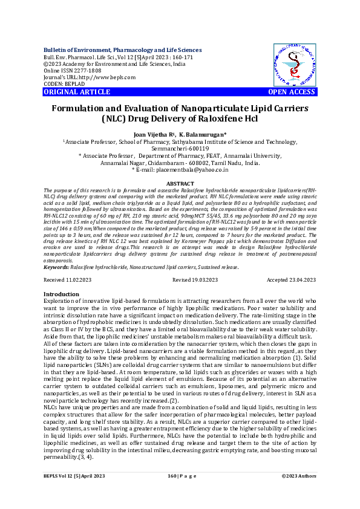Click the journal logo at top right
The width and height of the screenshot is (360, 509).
click(294, 65)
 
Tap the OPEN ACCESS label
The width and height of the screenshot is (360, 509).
click(292, 92)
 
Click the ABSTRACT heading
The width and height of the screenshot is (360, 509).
click(180, 183)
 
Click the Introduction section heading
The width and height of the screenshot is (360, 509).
click(62, 294)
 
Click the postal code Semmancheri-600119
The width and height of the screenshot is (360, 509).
click(180, 148)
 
